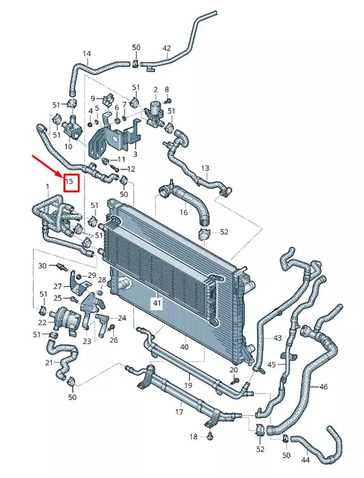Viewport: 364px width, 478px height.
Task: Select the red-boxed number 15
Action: coord(70,182)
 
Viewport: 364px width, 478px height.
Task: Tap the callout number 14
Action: coord(86,53)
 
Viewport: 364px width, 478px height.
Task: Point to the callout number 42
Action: coord(167,48)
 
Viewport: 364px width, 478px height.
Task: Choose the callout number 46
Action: coord(323,386)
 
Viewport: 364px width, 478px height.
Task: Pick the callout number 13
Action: coord(205,168)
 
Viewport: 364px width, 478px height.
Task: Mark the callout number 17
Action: coord(180,412)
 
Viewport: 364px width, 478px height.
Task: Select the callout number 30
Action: coord(42,265)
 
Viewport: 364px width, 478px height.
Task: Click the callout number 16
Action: coord(183,212)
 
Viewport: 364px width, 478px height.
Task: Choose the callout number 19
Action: coord(187,385)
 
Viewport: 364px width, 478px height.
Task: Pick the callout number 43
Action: coord(277,337)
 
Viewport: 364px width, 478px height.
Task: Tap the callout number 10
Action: coord(68,146)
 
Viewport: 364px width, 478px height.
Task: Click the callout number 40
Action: coord(184,347)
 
